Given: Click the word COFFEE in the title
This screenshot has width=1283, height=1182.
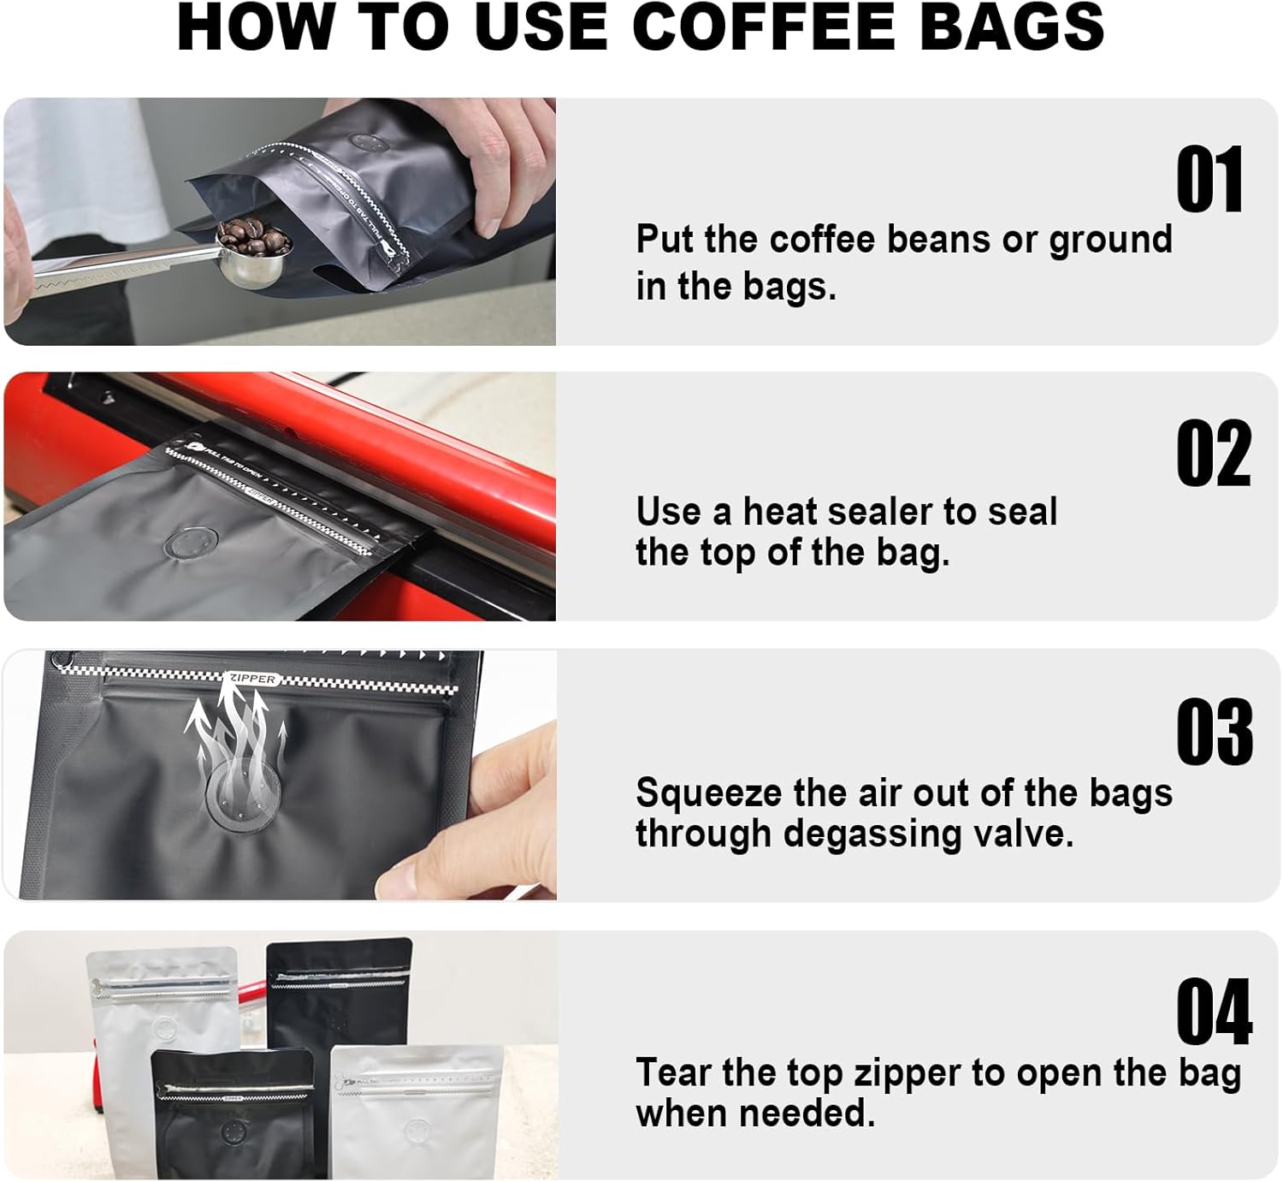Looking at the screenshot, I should click(x=763, y=27).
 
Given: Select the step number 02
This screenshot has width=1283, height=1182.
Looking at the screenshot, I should click(x=1213, y=454).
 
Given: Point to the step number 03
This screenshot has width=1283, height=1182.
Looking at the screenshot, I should click(x=1214, y=732).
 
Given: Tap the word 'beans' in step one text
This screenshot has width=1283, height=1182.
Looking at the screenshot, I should click(x=940, y=240).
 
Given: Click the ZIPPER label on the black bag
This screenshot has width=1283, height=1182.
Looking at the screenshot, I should click(x=253, y=679).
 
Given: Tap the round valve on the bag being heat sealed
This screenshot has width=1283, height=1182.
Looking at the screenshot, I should click(x=190, y=543).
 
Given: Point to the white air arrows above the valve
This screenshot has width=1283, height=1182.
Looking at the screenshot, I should click(x=235, y=728).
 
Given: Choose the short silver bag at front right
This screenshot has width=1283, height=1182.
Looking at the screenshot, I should click(x=417, y=1113).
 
